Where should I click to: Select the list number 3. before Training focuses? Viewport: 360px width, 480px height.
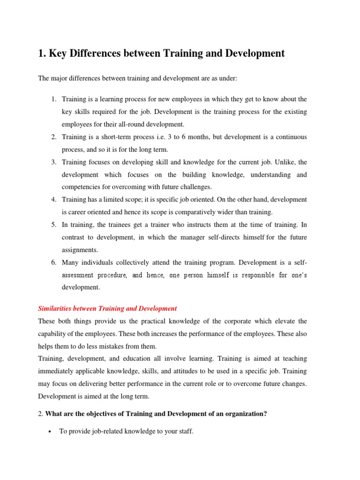tap(54, 162)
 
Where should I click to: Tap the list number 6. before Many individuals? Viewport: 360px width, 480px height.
tap(54, 262)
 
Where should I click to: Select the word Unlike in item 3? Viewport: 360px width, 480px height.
tap(277, 162)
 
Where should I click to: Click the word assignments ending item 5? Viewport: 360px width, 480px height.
tap(80, 250)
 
